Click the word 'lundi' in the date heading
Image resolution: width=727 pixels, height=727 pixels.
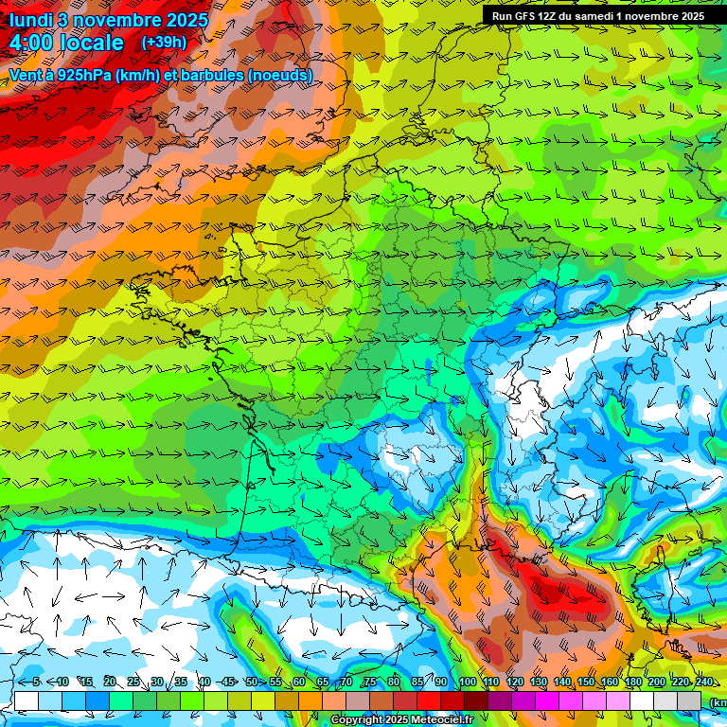pos(30,20)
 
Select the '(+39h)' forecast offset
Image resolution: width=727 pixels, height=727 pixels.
pos(164,43)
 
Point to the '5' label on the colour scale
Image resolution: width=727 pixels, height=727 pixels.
pos(35,683)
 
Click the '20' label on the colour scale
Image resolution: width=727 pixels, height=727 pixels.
pos(109,683)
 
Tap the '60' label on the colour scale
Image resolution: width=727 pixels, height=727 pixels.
pos(298,683)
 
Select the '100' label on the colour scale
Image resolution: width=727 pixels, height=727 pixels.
pos(467,683)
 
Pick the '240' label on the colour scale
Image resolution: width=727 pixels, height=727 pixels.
pos(703,683)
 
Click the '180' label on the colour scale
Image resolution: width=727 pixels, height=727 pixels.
pos(632,683)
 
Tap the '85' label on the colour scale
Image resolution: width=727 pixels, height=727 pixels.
pos(417,683)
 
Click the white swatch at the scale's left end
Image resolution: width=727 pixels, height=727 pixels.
pos(27,700)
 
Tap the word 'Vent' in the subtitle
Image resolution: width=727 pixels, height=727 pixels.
pos(25,75)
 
